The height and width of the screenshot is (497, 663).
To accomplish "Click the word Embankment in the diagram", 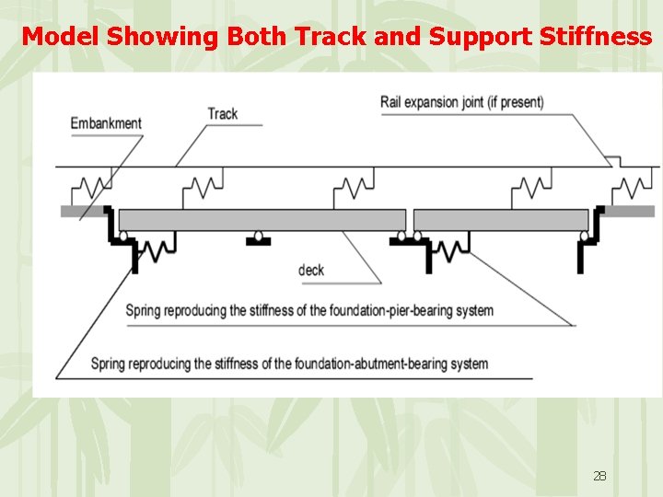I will (x=106, y=123).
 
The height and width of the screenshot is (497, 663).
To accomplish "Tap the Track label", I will (x=223, y=114).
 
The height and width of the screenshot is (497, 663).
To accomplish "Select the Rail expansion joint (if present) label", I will (x=461, y=101).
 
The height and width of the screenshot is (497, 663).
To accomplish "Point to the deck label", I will (x=311, y=271).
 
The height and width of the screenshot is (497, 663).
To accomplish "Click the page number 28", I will (x=599, y=476).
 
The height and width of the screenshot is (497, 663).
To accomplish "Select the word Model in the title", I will (x=61, y=36).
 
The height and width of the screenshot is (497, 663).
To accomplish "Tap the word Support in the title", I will (x=471, y=36).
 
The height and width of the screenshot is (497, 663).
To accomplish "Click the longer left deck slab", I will (x=262, y=220).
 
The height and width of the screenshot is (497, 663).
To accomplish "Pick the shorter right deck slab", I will (x=501, y=220).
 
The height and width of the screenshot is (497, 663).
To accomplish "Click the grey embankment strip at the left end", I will (x=80, y=211).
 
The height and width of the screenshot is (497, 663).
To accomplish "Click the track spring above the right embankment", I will (x=633, y=188).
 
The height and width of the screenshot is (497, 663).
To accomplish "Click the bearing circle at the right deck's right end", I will (x=583, y=237).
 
